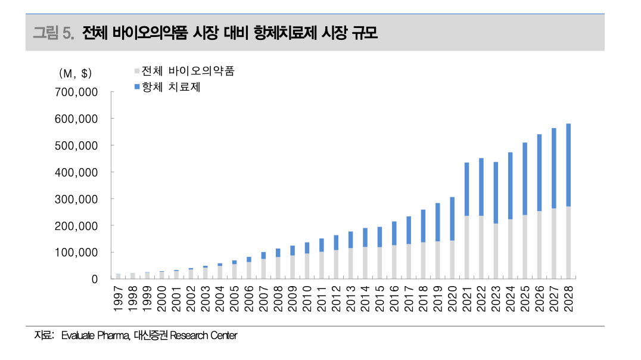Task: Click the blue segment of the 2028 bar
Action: (x=568, y=165)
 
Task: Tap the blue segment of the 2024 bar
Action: (x=510, y=185)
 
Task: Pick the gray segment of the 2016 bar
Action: (x=394, y=262)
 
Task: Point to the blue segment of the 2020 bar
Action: (x=452, y=219)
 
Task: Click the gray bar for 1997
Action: (x=118, y=276)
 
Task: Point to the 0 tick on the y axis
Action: (x=94, y=279)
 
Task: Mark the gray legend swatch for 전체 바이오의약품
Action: (x=137, y=71)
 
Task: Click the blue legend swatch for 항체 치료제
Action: (x=137, y=87)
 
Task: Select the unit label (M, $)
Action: (x=76, y=73)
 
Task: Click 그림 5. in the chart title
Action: (x=53, y=33)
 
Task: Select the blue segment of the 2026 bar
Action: (x=539, y=172)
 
